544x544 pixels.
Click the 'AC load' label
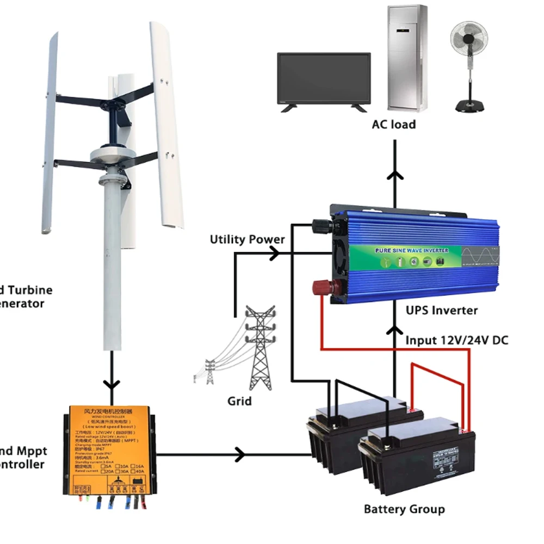point(394,125)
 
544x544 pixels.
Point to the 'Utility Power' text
point(248,239)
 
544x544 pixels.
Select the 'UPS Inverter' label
point(442,311)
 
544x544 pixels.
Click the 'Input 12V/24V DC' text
point(457,341)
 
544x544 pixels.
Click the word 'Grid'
point(239,401)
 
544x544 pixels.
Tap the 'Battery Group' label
point(404,510)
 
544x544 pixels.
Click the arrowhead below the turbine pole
point(112,382)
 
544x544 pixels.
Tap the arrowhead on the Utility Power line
point(275,252)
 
